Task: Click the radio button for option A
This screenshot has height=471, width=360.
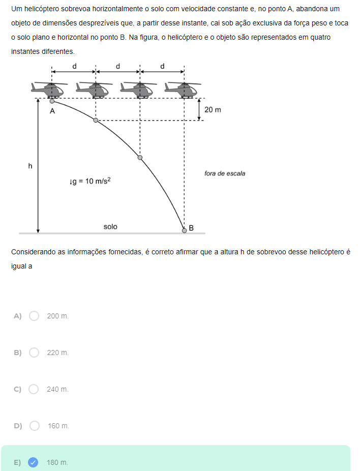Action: [x=34, y=316]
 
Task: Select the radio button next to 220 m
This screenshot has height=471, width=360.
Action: [x=34, y=352]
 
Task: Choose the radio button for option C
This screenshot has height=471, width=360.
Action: [x=34, y=389]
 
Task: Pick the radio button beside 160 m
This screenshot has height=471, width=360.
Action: [x=35, y=426]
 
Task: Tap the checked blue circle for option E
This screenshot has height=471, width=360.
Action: [x=33, y=462]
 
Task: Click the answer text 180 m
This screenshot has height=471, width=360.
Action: [x=57, y=462]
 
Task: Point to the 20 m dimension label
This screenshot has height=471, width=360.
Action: [x=213, y=110]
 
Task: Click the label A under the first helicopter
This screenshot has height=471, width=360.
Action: [x=52, y=111]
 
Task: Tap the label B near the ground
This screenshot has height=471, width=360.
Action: [x=191, y=228]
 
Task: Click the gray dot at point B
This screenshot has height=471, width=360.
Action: [x=185, y=231]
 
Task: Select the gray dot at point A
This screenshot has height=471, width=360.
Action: [x=52, y=101]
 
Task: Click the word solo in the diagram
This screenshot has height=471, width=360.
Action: [x=110, y=227]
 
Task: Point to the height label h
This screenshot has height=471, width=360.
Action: [x=30, y=166]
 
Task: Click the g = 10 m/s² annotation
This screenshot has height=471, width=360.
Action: [x=90, y=181]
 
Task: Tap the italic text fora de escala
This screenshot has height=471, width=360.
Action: [x=225, y=173]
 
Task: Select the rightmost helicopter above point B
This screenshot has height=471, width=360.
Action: [x=182, y=90]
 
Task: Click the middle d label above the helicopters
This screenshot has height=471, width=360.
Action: [x=117, y=66]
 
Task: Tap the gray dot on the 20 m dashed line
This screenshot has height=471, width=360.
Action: [x=96, y=121]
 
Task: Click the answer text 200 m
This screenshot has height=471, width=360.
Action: [x=57, y=316]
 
